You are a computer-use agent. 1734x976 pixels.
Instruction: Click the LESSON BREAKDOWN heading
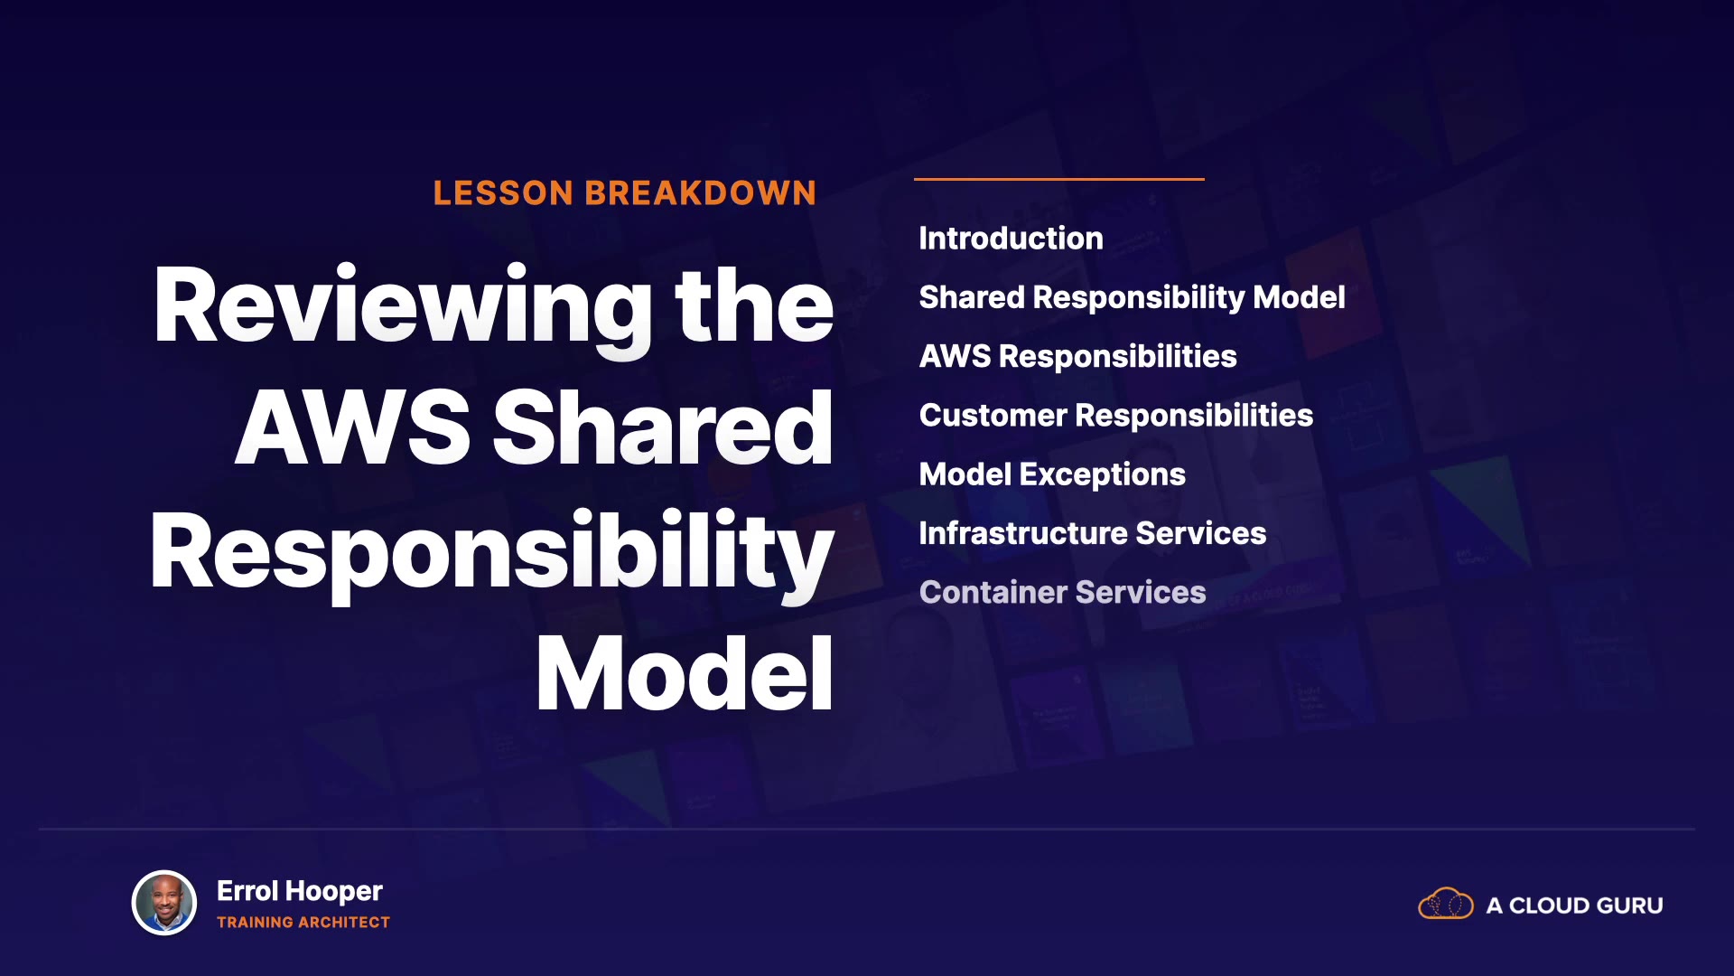(624, 192)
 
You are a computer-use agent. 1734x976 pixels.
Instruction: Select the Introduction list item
(1011, 239)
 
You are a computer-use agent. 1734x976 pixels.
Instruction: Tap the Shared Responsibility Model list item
(1132, 297)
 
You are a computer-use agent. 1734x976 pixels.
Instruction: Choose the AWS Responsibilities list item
(1077, 357)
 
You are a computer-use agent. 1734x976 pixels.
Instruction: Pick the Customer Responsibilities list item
(1115, 416)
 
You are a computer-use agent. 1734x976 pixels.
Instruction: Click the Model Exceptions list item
(1052, 475)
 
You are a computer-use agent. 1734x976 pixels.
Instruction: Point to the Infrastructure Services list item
(1092, 533)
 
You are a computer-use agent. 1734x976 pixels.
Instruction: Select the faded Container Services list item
(1062, 592)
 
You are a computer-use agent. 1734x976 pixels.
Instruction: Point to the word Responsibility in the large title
(491, 553)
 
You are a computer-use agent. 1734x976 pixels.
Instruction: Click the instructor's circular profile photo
(164, 903)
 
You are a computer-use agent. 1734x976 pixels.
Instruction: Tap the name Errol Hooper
(300, 891)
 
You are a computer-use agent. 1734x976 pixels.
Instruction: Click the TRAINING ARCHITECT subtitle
(303, 923)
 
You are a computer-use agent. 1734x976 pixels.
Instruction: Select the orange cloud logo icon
(1446, 904)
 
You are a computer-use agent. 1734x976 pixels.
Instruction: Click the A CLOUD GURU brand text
(1575, 906)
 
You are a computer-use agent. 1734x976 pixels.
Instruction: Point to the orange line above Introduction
(1059, 179)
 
